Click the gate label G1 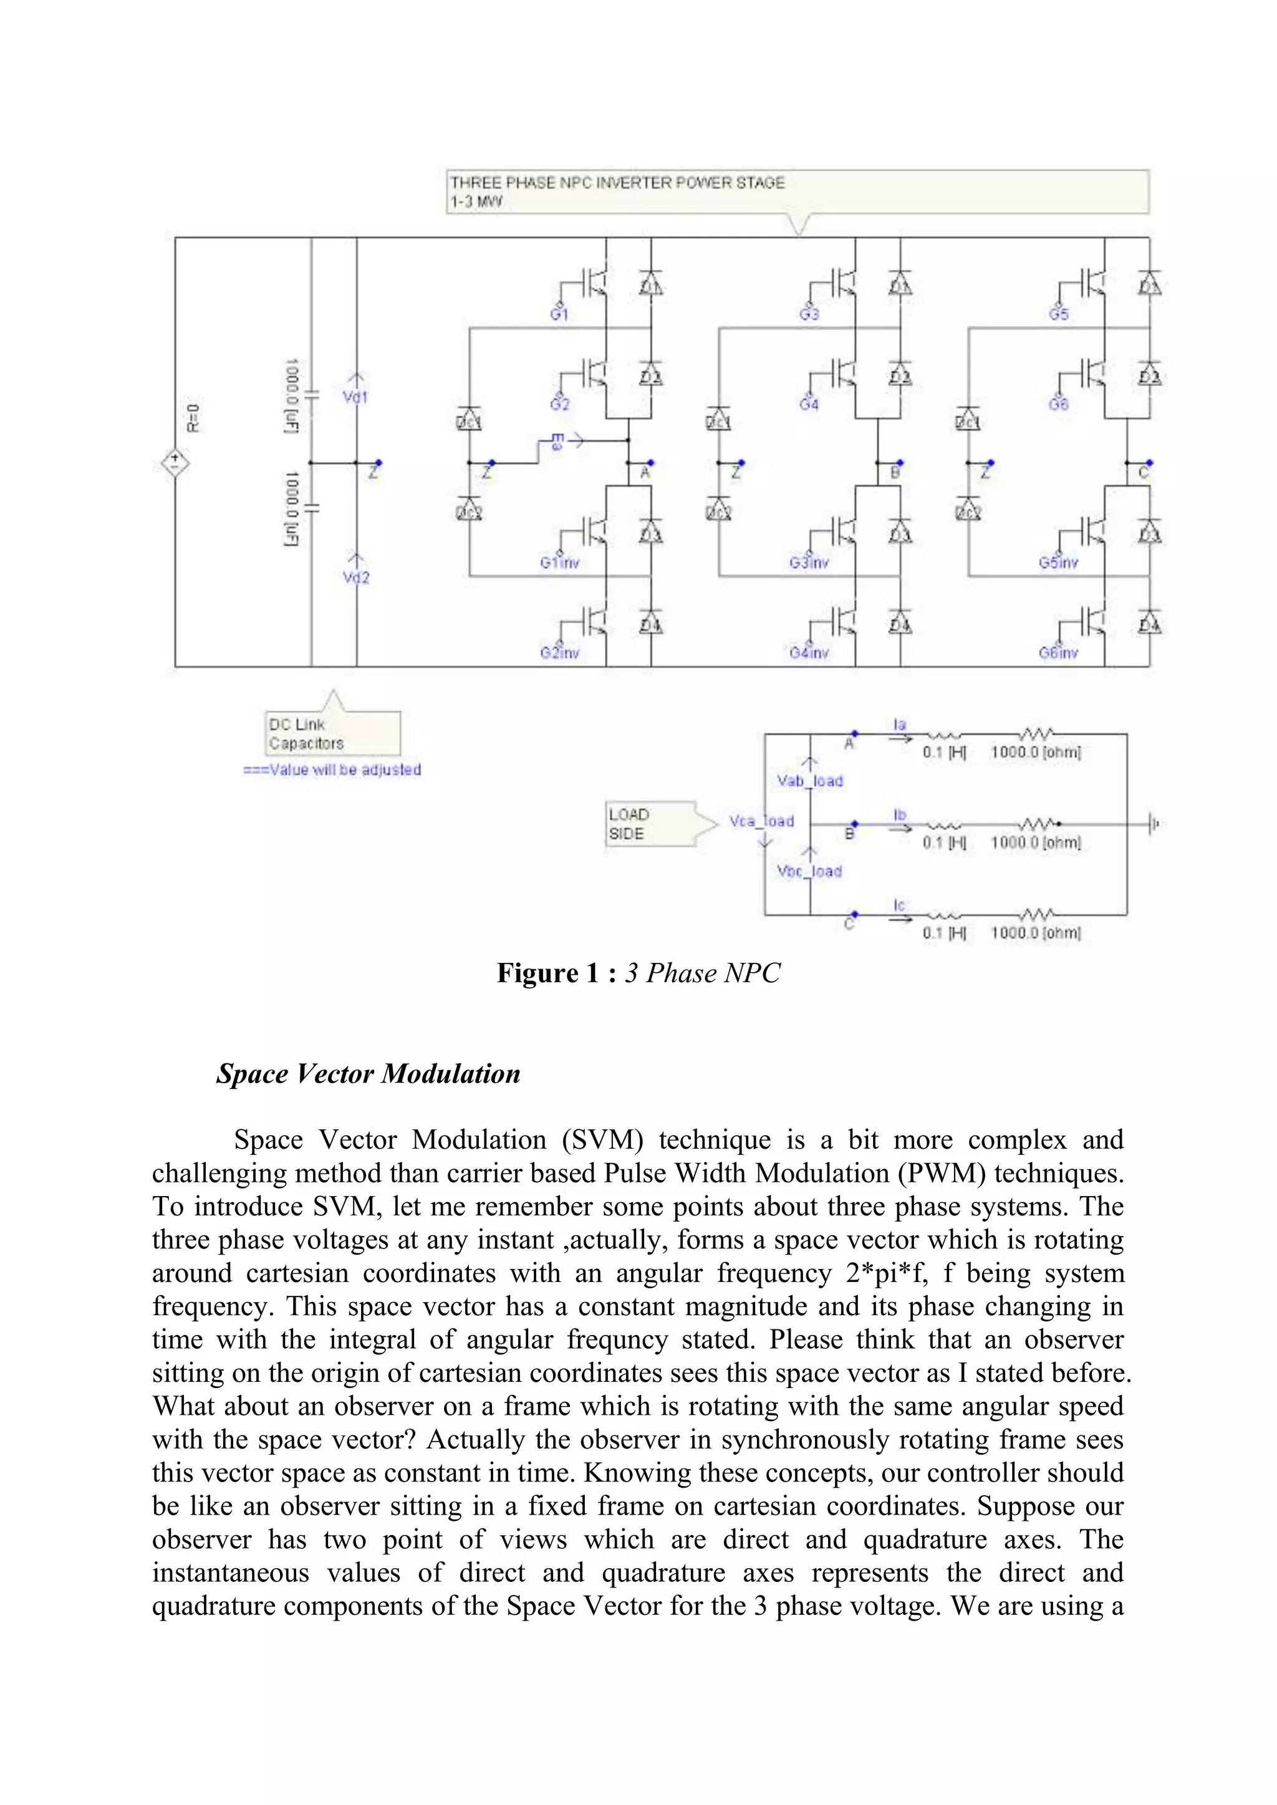click(559, 315)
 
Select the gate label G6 click(1058, 404)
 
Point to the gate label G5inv click(1058, 563)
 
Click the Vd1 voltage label click(355, 397)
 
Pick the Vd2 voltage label click(356, 578)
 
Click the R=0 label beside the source click(193, 418)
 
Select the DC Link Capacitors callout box click(332, 734)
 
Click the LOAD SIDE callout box click(650, 824)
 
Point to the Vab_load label click(810, 780)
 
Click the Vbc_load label click(809, 871)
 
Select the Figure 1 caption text click(638, 974)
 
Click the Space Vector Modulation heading click(368, 1074)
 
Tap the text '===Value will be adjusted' click(332, 770)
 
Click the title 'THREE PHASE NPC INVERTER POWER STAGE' click(617, 183)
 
